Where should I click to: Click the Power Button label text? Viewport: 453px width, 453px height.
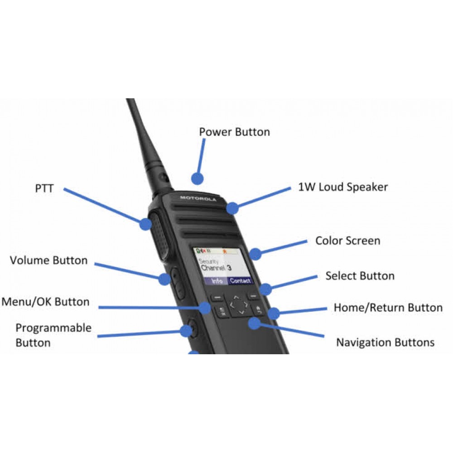[x=234, y=132]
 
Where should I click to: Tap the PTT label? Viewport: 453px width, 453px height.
[x=44, y=188]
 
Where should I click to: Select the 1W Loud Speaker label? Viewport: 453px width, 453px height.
[x=343, y=187]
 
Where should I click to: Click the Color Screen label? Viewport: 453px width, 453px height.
[x=347, y=241]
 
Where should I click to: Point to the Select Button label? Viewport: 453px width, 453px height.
[x=360, y=276]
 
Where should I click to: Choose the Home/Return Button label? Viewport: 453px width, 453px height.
[x=388, y=308]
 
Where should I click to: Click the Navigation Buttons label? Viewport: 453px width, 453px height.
[x=385, y=342]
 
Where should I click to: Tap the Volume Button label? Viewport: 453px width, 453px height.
[x=48, y=260]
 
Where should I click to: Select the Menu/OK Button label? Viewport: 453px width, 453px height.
[x=45, y=302]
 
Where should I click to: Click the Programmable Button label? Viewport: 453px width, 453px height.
[x=53, y=335]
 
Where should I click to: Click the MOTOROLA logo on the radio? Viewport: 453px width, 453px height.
[x=198, y=198]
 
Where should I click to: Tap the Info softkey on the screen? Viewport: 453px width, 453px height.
[x=217, y=281]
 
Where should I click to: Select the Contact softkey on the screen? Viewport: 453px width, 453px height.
[x=240, y=281]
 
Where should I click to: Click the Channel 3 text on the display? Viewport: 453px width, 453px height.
[x=216, y=268]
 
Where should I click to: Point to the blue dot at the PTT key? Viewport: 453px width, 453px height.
[x=145, y=223]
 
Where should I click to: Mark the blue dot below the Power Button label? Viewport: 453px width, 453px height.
[x=196, y=178]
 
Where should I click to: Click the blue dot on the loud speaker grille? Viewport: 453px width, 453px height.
[x=232, y=208]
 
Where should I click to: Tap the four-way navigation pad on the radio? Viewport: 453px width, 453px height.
[x=238, y=305]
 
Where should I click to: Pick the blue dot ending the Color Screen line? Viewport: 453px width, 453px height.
[x=256, y=254]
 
